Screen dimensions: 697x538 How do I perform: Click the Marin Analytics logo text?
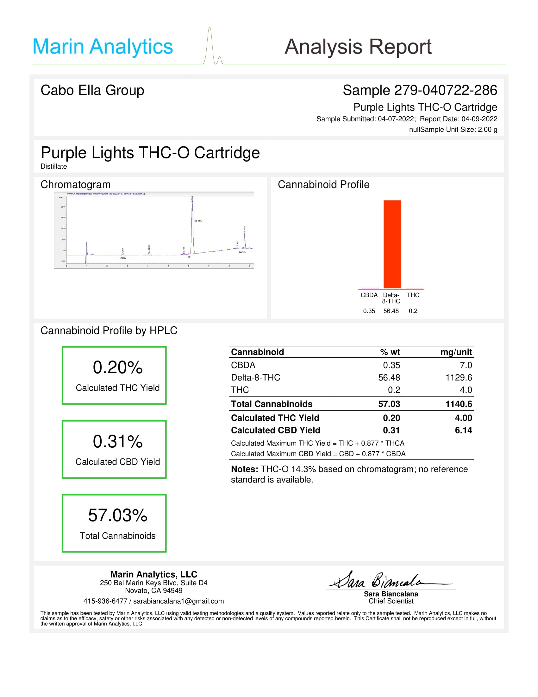(x=102, y=47)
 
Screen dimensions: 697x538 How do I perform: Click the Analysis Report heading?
(x=358, y=47)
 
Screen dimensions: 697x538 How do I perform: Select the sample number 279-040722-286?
(x=445, y=90)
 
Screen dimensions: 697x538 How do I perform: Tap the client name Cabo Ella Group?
(x=92, y=90)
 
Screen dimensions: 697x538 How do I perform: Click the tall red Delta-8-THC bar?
(x=392, y=244)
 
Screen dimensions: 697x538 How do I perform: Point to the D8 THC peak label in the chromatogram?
(x=198, y=221)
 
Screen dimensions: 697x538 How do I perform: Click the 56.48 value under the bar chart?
(x=391, y=311)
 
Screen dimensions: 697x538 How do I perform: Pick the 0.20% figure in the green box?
(x=118, y=367)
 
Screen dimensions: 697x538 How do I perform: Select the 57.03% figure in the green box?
(x=118, y=515)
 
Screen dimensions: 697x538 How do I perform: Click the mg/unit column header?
(x=456, y=352)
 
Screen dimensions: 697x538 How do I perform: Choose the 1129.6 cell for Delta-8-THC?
(x=458, y=378)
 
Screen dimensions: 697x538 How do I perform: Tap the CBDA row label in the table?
(x=243, y=365)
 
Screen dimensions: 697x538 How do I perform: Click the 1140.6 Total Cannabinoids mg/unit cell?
(x=458, y=404)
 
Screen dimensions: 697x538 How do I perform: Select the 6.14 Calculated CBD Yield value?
(x=463, y=430)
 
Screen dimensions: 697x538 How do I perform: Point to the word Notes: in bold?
(x=244, y=469)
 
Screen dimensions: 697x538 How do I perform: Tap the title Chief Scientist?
(x=391, y=601)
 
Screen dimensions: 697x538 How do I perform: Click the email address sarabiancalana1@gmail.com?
(x=178, y=601)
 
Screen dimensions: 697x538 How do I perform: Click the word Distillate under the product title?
(x=53, y=166)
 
